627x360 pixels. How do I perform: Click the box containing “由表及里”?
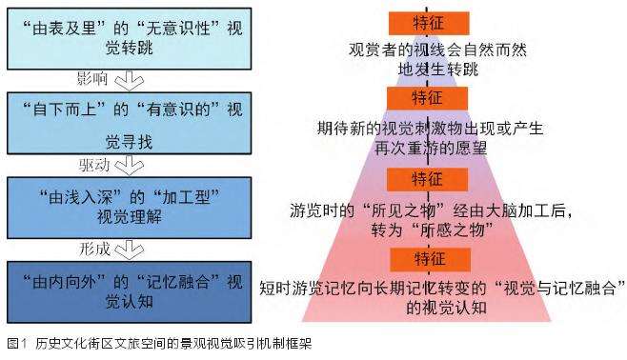pos(129,37)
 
